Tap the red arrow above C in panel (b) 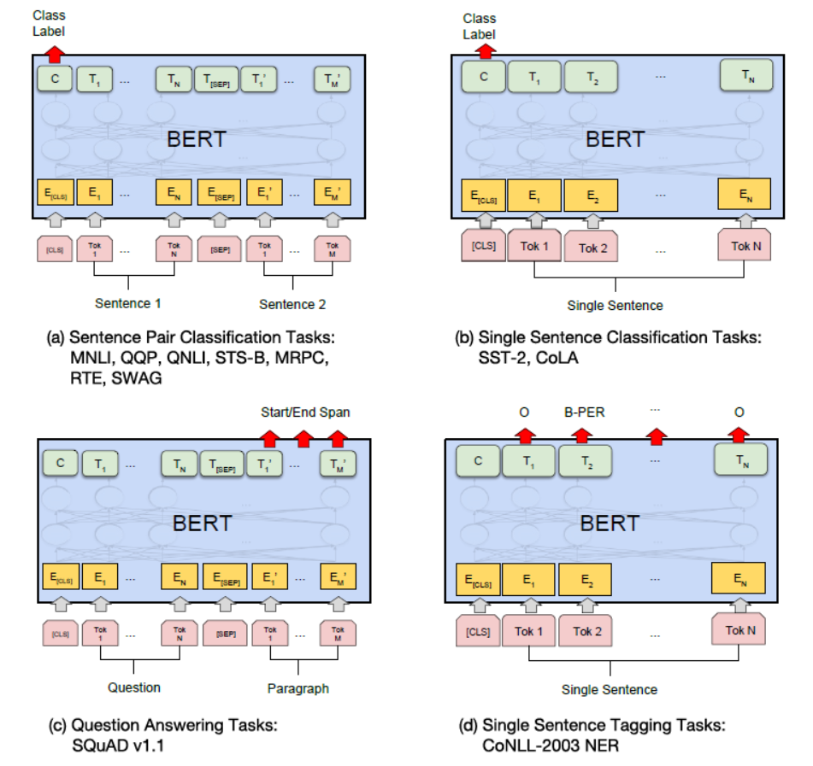[486, 50]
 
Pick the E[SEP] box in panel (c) [224, 577]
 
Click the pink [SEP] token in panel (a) [221, 250]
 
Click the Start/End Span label [305, 412]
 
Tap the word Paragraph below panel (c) [297, 688]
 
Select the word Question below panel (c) [134, 687]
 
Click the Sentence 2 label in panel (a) [293, 303]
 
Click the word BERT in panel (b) [615, 139]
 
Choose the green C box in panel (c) [60, 465]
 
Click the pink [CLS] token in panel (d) [480, 633]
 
